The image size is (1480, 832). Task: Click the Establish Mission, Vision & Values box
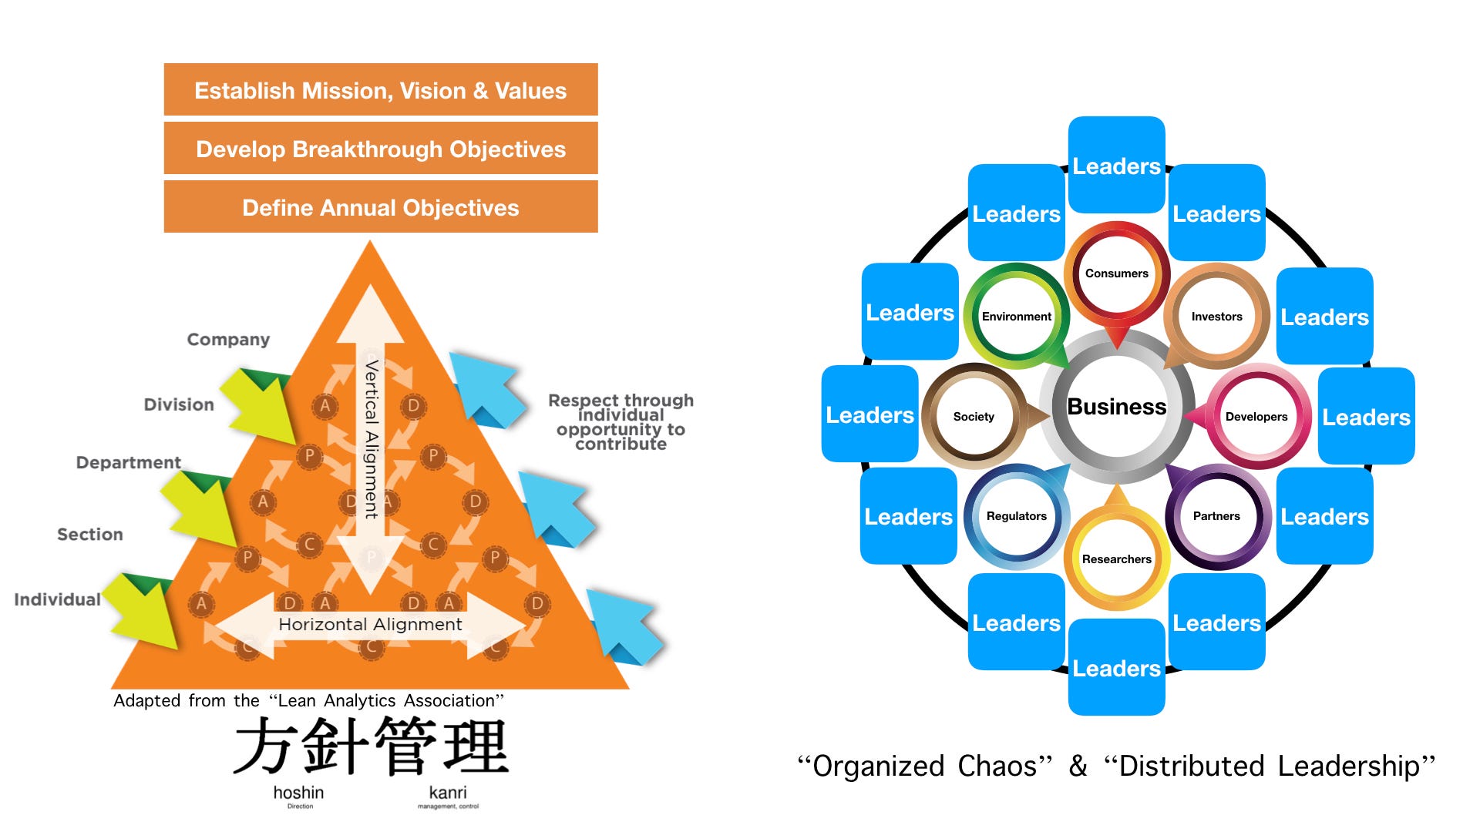point(380,90)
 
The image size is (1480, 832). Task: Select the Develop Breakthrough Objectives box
point(380,149)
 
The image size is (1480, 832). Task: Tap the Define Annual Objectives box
point(380,207)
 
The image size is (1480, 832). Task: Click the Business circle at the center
point(1116,407)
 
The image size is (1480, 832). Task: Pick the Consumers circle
point(1116,273)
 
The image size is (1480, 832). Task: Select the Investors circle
point(1216,317)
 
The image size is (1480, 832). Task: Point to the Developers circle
point(1256,417)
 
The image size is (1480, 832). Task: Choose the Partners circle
point(1216,516)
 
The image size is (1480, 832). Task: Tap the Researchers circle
point(1116,559)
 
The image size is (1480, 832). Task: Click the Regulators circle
point(1016,516)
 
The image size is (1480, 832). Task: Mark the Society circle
point(974,417)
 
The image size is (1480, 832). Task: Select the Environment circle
point(1016,317)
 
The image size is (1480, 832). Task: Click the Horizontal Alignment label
point(370,624)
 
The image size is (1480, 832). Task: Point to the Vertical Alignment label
point(372,439)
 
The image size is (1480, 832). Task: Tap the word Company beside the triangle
point(228,340)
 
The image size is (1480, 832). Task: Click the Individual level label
point(57,599)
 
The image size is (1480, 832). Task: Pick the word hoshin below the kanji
point(298,793)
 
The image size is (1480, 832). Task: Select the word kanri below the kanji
point(448,793)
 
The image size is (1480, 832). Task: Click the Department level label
point(128,462)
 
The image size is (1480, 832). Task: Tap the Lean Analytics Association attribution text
point(308,700)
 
